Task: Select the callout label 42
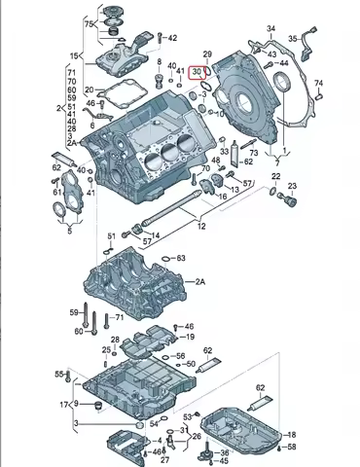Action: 172,38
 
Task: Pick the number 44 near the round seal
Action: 283,63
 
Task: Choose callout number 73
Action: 253,153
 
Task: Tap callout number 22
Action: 276,176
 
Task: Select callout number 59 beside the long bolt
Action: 73,311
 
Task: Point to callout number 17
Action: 64,404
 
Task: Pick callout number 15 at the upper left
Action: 75,56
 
